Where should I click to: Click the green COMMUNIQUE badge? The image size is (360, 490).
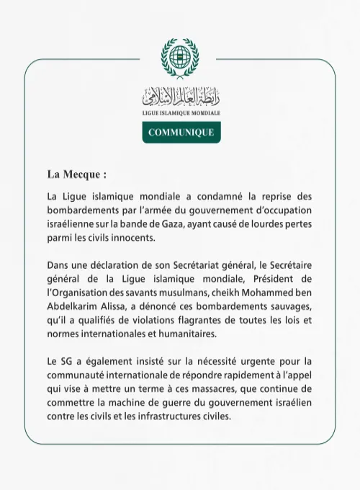[x=181, y=133]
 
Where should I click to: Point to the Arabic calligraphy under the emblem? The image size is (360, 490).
[x=180, y=95]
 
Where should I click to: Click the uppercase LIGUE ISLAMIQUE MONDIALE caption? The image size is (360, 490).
[x=181, y=114]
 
